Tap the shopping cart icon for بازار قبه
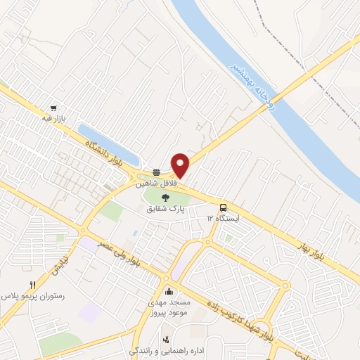53,109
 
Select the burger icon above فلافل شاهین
156,172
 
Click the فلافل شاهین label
160,184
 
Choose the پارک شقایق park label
166,209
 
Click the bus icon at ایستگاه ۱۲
223,207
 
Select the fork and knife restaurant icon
32,285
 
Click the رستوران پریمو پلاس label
34,297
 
